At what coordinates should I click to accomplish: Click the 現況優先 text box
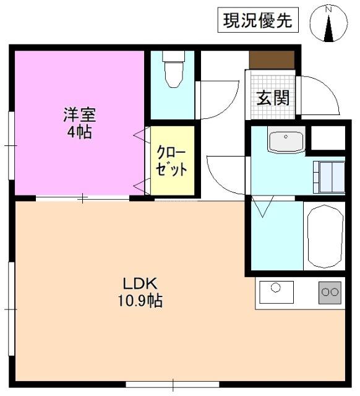pos(257,22)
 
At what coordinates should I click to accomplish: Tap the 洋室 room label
pos(79,114)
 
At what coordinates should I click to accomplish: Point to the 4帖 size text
pos(79,132)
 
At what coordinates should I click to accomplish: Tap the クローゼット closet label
pos(171,161)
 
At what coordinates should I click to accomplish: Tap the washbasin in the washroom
pos(285,142)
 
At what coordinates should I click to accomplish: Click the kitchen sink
pos(276,291)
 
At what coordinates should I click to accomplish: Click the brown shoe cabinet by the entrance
pos(272,60)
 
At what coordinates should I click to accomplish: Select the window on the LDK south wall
pos(173,384)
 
